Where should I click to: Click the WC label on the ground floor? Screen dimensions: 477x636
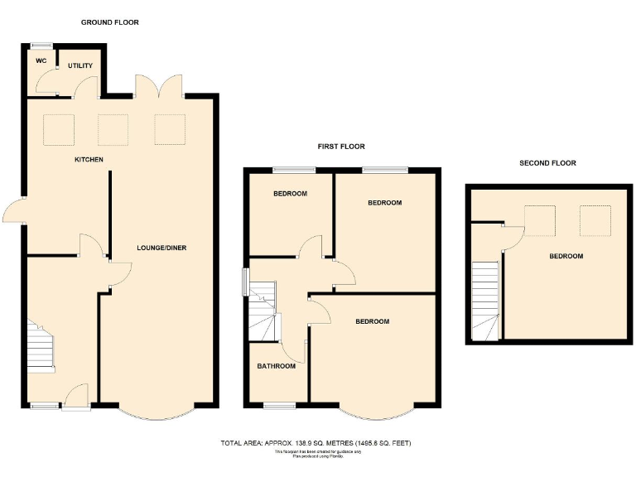pyautogui.click(x=39, y=60)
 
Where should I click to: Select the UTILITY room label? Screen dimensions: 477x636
pyautogui.click(x=79, y=65)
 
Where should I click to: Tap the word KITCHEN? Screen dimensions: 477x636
pyautogui.click(x=89, y=159)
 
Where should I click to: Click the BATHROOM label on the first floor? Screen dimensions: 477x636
pyautogui.click(x=276, y=366)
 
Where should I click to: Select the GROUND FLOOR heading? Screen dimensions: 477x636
pyautogui.click(x=110, y=22)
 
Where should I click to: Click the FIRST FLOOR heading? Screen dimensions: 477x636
pyautogui.click(x=341, y=147)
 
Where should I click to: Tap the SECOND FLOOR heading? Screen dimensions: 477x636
pyautogui.click(x=547, y=163)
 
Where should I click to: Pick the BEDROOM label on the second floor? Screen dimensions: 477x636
pyautogui.click(x=566, y=256)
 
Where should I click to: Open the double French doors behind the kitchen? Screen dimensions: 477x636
pyautogui.click(x=158, y=86)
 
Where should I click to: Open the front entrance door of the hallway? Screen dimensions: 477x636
pyautogui.click(x=76, y=397)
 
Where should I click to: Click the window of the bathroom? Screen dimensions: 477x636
pyautogui.click(x=280, y=405)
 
